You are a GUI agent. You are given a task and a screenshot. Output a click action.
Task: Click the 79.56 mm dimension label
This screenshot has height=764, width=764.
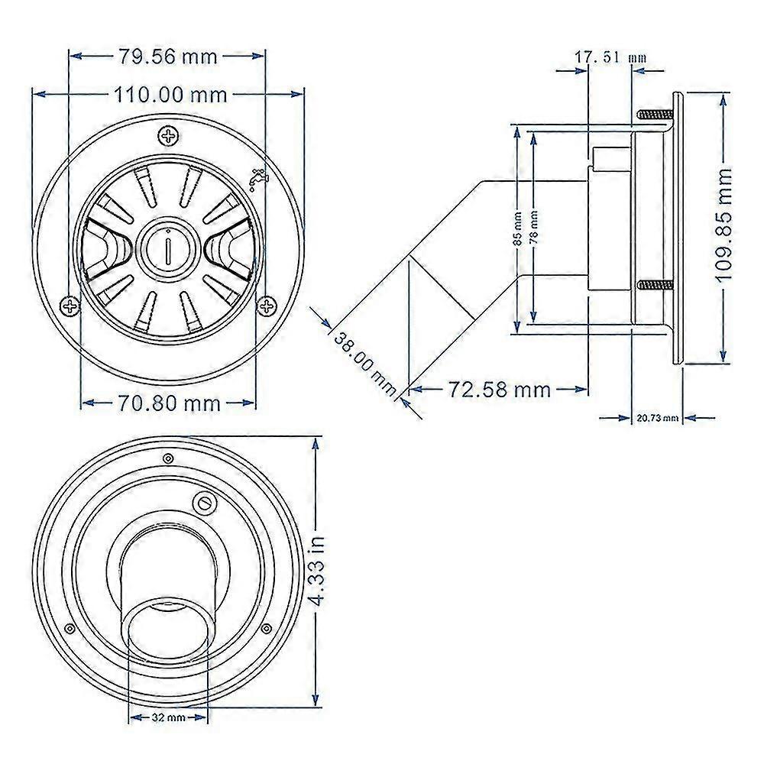pyautogui.click(x=167, y=57)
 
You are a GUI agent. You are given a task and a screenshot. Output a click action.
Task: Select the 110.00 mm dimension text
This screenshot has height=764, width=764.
pyautogui.click(x=170, y=95)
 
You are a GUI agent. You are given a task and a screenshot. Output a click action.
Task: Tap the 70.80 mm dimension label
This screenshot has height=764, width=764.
pyautogui.click(x=169, y=403)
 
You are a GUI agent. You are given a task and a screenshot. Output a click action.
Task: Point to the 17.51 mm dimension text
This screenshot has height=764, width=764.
pyautogui.click(x=610, y=57)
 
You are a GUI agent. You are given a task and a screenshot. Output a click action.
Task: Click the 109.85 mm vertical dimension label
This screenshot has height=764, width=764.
pyautogui.click(x=724, y=224)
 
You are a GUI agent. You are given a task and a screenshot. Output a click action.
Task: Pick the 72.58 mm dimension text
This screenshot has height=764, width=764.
pyautogui.click(x=499, y=390)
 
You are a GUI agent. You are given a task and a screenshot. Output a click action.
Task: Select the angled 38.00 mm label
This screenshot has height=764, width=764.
pyautogui.click(x=365, y=363)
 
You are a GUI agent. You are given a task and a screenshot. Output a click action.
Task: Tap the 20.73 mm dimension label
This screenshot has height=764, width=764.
pyautogui.click(x=657, y=418)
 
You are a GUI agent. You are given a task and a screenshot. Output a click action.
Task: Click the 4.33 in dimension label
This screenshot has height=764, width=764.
pyautogui.click(x=317, y=571)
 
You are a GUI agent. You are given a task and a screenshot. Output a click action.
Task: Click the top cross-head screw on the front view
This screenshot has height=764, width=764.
pyautogui.click(x=169, y=136)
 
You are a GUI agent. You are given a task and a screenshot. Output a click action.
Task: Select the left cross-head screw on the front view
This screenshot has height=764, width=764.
pyautogui.click(x=70, y=306)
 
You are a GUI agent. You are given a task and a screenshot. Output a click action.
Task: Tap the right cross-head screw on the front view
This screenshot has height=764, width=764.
pyautogui.click(x=266, y=306)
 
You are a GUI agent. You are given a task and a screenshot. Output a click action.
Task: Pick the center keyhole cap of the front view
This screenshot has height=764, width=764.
pyautogui.click(x=168, y=247)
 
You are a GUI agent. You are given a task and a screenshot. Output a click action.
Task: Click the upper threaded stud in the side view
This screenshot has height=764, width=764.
pyautogui.click(x=655, y=115)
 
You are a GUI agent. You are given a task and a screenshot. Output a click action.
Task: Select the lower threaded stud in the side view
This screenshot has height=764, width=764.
pyautogui.click(x=655, y=284)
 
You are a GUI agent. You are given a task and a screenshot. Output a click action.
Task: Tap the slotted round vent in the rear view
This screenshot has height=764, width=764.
pyautogui.click(x=204, y=503)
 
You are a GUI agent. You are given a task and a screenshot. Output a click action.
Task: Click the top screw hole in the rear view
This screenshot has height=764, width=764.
pyautogui.click(x=168, y=458)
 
